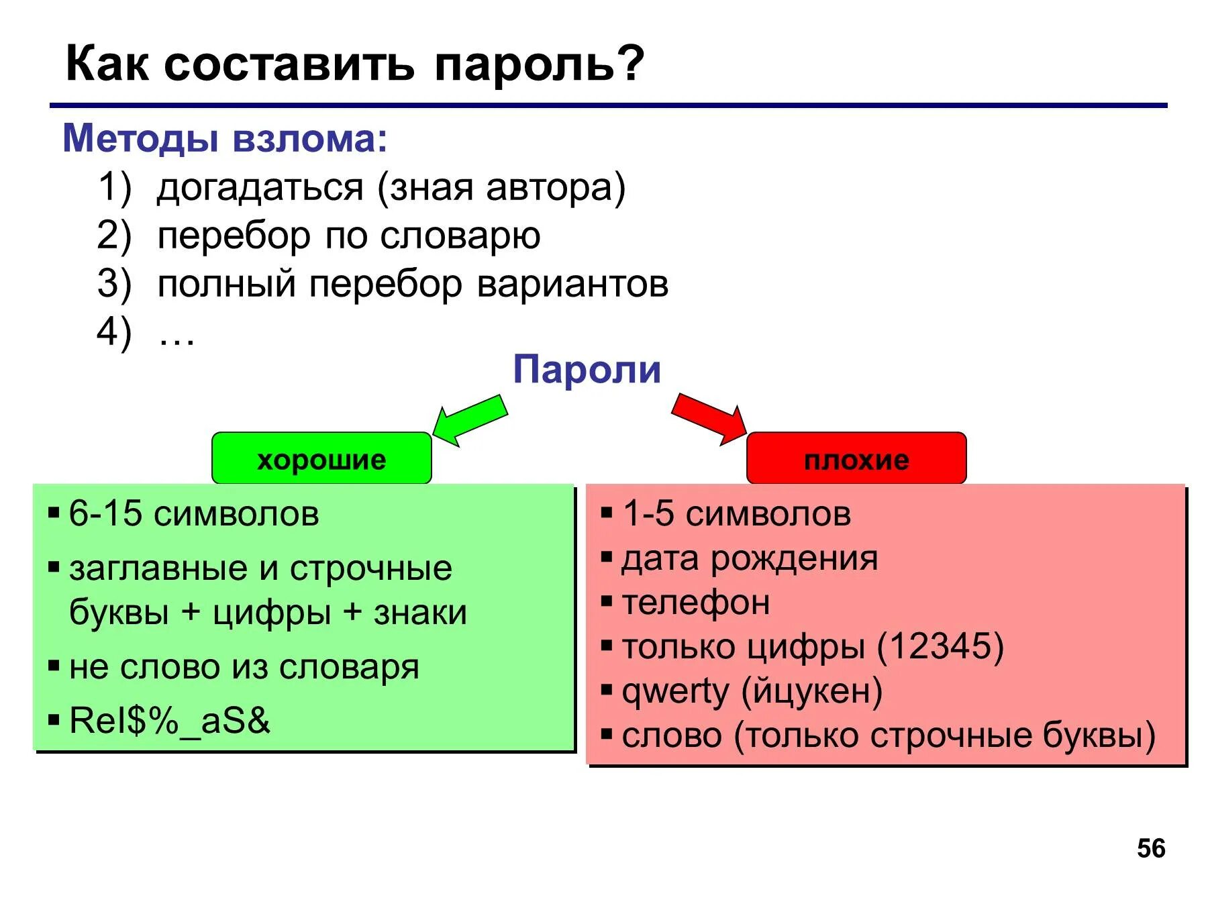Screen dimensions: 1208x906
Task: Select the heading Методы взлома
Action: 225,139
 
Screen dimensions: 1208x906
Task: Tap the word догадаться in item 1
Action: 260,187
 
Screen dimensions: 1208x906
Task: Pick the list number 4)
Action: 114,332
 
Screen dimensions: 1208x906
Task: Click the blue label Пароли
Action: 587,370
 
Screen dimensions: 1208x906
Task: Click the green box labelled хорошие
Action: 321,459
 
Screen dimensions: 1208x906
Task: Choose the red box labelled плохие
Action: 856,459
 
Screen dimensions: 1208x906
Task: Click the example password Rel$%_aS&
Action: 169,721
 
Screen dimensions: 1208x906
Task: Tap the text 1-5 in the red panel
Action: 648,514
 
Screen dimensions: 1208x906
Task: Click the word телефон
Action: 695,603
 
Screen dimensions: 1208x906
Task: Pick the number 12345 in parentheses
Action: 940,646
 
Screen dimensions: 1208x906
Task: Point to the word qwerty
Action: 675,692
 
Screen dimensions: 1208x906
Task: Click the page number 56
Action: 1151,849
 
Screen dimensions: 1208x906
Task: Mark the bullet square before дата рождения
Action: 607,557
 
